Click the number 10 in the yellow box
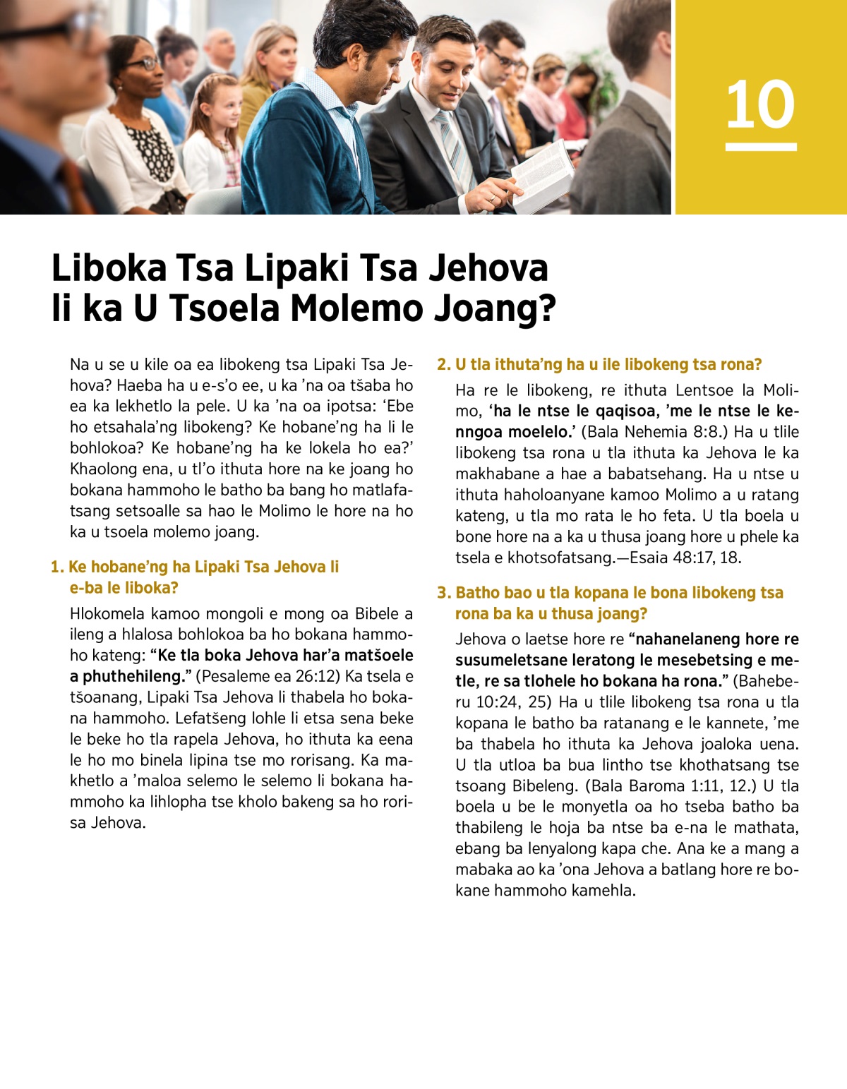(x=760, y=104)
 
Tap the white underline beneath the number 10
(x=761, y=147)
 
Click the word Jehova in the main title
(x=488, y=268)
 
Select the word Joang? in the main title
(x=494, y=308)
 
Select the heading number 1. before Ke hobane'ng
(x=57, y=567)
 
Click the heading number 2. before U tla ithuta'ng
(x=443, y=364)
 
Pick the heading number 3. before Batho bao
(x=443, y=593)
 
